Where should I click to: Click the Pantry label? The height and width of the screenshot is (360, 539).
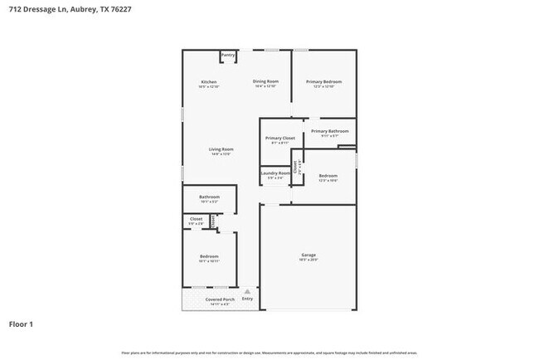[x=228, y=55]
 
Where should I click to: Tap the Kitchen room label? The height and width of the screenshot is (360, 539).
[x=209, y=81]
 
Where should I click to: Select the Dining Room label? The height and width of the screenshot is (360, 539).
[x=265, y=81]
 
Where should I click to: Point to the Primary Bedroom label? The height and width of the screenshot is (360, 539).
[x=323, y=81]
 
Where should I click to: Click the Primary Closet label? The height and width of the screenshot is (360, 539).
[x=280, y=138]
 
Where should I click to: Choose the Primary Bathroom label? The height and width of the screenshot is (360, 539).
[x=329, y=131]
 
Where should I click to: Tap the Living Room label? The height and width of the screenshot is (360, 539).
[x=221, y=149]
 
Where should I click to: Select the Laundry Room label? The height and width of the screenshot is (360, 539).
[x=275, y=173]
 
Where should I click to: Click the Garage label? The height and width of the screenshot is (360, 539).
[x=308, y=255]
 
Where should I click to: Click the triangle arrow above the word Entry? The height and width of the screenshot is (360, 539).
[x=245, y=291]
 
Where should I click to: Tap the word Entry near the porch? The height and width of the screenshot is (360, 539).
[x=247, y=299]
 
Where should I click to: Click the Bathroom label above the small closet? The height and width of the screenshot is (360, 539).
[x=209, y=197]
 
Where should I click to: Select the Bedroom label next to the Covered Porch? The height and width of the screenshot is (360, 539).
[x=209, y=256]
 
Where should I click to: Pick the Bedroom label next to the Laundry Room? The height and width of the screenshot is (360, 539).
[x=328, y=175]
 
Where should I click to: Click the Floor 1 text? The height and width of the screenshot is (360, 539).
[x=22, y=324]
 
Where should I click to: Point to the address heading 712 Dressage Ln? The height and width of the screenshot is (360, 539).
[x=66, y=10]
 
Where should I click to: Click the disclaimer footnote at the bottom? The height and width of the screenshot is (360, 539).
[x=269, y=353]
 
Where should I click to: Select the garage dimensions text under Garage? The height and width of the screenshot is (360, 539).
[x=308, y=260]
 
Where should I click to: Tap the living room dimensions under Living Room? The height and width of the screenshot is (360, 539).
[x=221, y=154]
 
